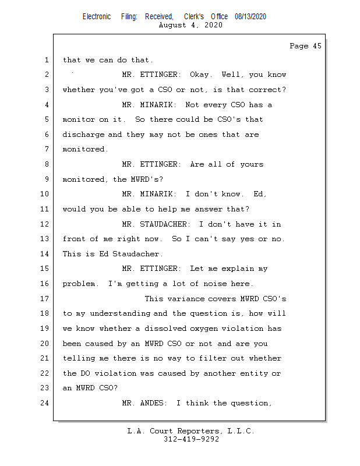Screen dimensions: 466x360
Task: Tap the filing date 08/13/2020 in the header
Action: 250,17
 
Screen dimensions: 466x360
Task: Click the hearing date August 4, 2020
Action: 190,26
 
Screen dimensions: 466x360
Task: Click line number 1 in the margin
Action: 47,60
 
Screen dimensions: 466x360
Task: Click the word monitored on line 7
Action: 85,150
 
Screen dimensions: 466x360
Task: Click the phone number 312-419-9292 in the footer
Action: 191,440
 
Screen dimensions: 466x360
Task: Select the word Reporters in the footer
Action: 192,432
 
